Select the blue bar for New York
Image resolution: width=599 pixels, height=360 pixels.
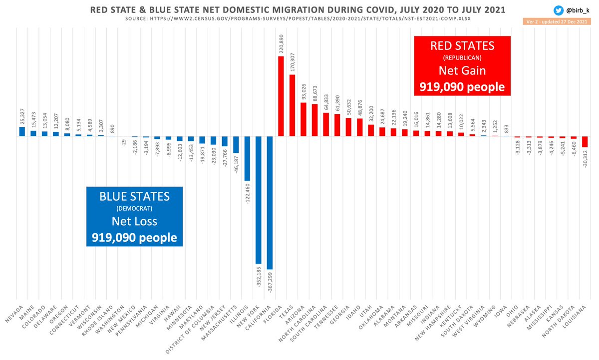(x=259, y=200)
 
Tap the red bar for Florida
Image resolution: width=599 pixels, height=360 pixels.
(x=281, y=96)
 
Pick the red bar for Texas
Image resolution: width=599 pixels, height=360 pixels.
(x=293, y=105)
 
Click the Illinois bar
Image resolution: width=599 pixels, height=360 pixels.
(x=247, y=158)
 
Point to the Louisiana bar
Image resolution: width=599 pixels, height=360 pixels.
(x=585, y=141)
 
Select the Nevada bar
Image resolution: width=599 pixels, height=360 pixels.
(x=22, y=131)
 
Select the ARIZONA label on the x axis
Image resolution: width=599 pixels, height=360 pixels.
(x=298, y=314)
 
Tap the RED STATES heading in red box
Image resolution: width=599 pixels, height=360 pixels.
(x=462, y=46)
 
